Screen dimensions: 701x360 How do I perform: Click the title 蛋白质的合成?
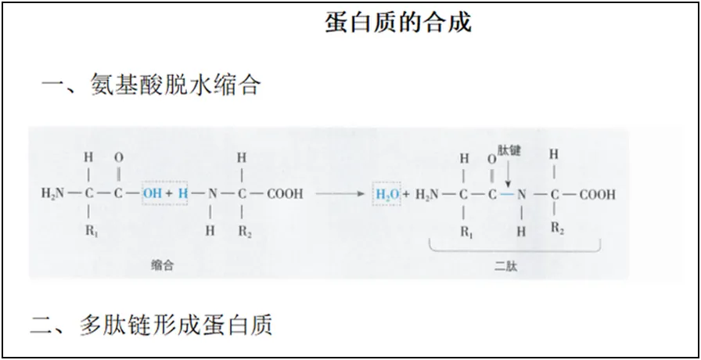[398, 23]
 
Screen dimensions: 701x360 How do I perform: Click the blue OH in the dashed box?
[153, 193]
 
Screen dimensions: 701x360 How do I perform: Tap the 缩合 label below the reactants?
[162, 266]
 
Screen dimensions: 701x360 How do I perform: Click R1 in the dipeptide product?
[466, 232]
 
